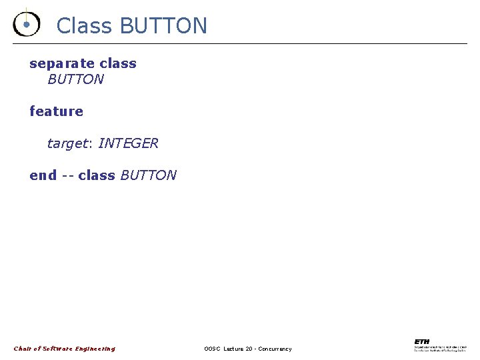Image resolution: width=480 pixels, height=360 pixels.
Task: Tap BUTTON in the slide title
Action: (x=163, y=26)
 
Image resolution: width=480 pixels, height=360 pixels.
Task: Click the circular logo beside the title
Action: (x=26, y=24)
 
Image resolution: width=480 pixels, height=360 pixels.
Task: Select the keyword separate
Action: (x=62, y=64)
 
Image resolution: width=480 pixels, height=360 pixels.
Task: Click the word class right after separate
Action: (x=118, y=64)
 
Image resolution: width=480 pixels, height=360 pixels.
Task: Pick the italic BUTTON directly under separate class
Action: (x=76, y=79)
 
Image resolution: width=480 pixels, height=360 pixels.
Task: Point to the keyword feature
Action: (x=57, y=111)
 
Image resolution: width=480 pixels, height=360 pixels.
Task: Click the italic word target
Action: (x=68, y=143)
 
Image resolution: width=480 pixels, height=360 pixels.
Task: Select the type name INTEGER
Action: (x=128, y=143)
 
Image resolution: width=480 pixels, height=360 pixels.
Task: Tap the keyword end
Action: (x=43, y=175)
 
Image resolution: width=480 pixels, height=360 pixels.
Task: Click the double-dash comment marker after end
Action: (x=67, y=175)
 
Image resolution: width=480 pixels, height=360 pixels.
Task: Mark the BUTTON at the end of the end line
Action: (x=148, y=175)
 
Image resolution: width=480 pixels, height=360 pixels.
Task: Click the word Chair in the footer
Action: (x=23, y=349)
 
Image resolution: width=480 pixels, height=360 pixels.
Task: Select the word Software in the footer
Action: (x=57, y=349)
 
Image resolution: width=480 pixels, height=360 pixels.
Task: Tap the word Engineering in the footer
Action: (x=95, y=349)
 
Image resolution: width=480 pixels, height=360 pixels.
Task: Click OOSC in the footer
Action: (x=212, y=349)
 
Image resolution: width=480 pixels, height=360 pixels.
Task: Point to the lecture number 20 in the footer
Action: (x=248, y=349)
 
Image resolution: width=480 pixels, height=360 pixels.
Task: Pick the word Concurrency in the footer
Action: (x=275, y=349)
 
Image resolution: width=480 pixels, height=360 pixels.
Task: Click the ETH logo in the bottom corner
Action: (x=422, y=341)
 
